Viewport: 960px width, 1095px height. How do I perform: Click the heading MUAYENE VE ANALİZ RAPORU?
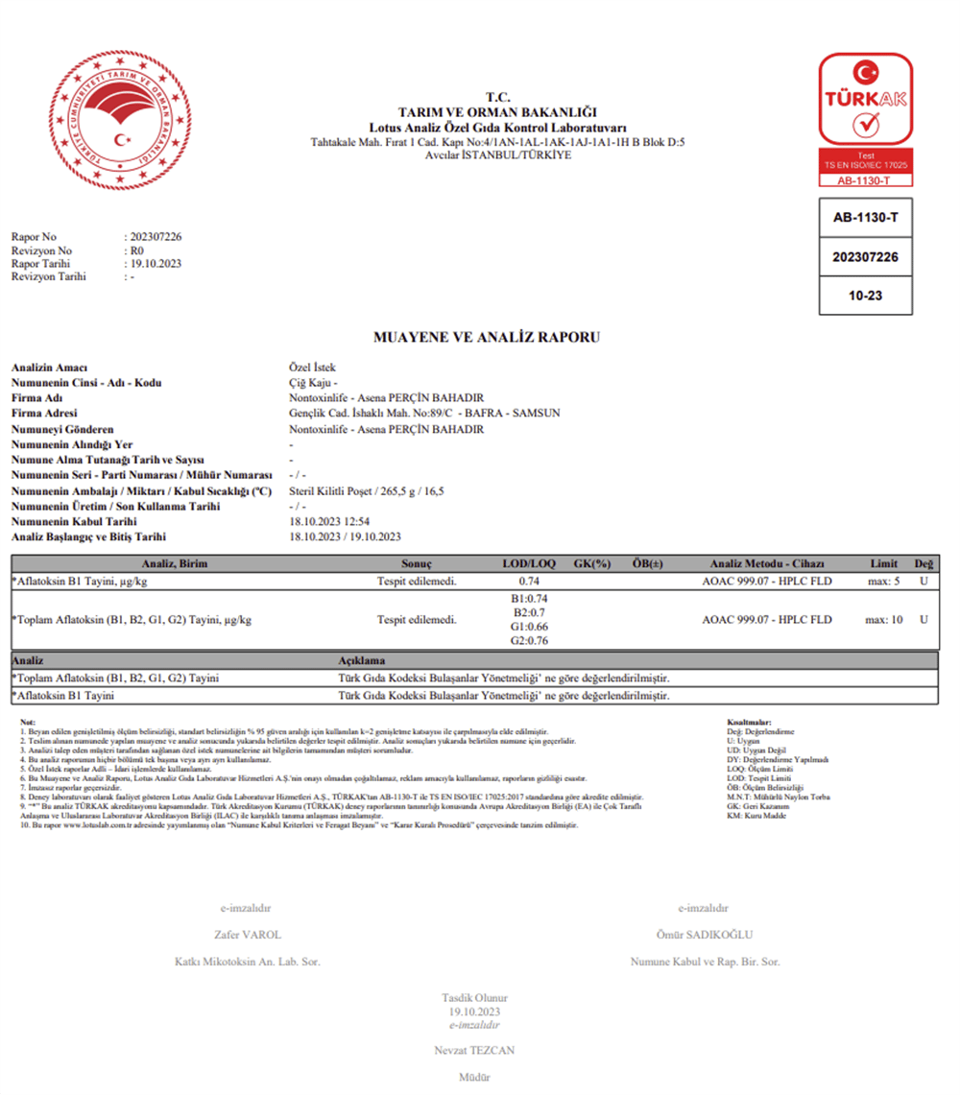(487, 338)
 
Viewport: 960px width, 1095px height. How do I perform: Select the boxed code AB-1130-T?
(865, 218)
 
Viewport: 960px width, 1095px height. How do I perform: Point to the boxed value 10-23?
(865, 296)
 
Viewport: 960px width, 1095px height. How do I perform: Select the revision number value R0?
(136, 250)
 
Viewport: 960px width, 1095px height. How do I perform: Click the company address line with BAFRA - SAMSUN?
(424, 414)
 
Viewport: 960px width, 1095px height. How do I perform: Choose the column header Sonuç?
(417, 563)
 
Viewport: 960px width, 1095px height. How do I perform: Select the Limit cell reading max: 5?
(882, 581)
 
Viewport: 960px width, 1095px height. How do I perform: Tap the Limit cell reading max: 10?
(884, 620)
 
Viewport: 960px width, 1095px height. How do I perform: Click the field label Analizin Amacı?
(49, 368)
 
